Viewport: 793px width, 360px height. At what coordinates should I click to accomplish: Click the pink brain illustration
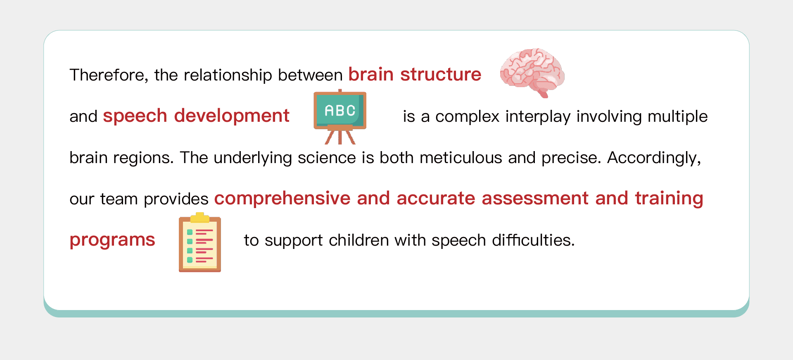coord(532,73)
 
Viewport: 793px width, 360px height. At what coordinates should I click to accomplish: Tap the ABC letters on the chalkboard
coord(340,111)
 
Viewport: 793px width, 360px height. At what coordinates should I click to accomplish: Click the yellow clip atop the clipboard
coord(200,218)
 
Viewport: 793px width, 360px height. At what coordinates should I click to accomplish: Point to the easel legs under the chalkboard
coord(340,137)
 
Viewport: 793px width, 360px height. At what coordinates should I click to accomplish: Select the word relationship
coord(228,75)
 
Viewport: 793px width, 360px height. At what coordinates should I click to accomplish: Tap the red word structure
coord(441,74)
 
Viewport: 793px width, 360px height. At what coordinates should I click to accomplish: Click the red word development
coord(232,116)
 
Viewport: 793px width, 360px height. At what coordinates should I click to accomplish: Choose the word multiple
coord(677,116)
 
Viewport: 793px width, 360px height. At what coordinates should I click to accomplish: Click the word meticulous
coord(461,158)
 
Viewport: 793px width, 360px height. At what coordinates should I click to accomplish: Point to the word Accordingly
coord(654,158)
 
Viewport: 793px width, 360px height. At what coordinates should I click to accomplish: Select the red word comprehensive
coord(283,199)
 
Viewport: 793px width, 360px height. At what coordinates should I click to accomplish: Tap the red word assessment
coord(535,198)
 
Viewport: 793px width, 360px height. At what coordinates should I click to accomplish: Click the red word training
coord(669,199)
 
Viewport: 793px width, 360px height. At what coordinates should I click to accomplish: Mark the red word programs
coord(112,240)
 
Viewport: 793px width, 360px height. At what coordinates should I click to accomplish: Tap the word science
coord(327,158)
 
